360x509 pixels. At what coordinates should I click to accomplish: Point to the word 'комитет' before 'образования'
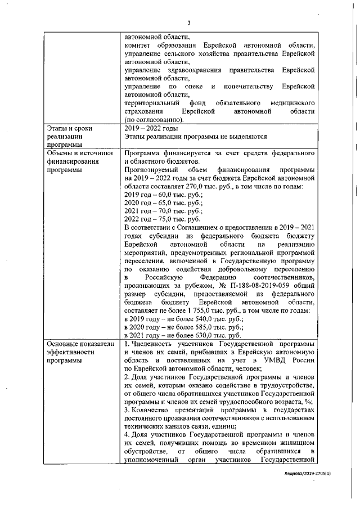pos(137,45)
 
